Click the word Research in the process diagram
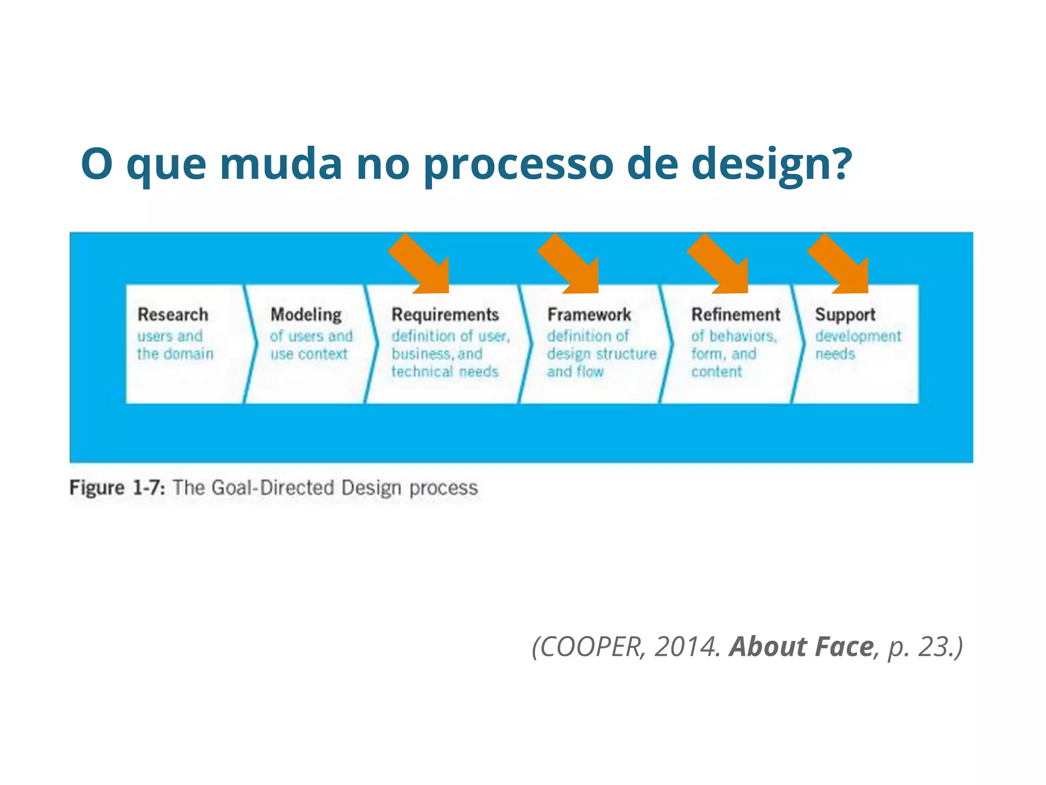tap(173, 314)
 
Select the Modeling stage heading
tap(306, 315)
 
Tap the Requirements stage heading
tap(445, 314)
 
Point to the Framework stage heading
tap(589, 314)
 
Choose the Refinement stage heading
tap(735, 314)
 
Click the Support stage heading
tap(845, 314)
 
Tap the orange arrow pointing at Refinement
tap(722, 266)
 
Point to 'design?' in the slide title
tap(771, 165)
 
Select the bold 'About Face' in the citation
tap(801, 647)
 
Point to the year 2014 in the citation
tap(686, 647)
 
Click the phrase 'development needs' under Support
tap(858, 345)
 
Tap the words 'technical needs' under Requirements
tap(445, 372)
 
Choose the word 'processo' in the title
tap(518, 165)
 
